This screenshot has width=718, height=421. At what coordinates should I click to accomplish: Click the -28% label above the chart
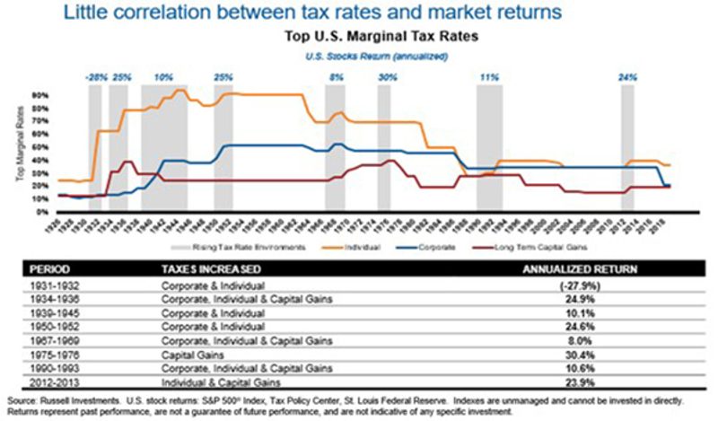click(95, 77)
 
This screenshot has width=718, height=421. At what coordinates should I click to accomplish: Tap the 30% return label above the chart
click(387, 77)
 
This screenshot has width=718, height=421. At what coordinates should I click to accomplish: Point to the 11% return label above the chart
click(489, 77)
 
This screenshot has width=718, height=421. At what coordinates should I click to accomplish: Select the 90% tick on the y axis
click(41, 93)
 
